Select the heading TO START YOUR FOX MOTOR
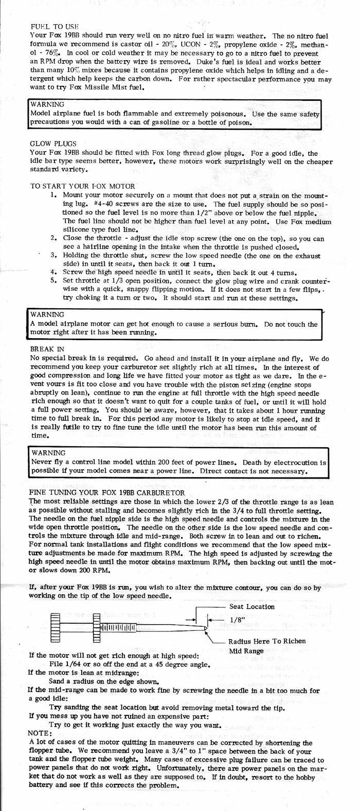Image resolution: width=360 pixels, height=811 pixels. coord(83,186)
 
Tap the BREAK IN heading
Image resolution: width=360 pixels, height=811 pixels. coord(47,348)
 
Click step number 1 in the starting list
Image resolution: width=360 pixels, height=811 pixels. coord(53,196)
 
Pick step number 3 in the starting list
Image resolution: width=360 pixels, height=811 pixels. coord(53,255)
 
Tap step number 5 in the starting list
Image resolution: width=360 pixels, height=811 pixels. coord(53,281)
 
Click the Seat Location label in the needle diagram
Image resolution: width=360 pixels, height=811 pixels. coord(251,606)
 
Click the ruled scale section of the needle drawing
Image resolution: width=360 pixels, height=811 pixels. coord(117,627)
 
